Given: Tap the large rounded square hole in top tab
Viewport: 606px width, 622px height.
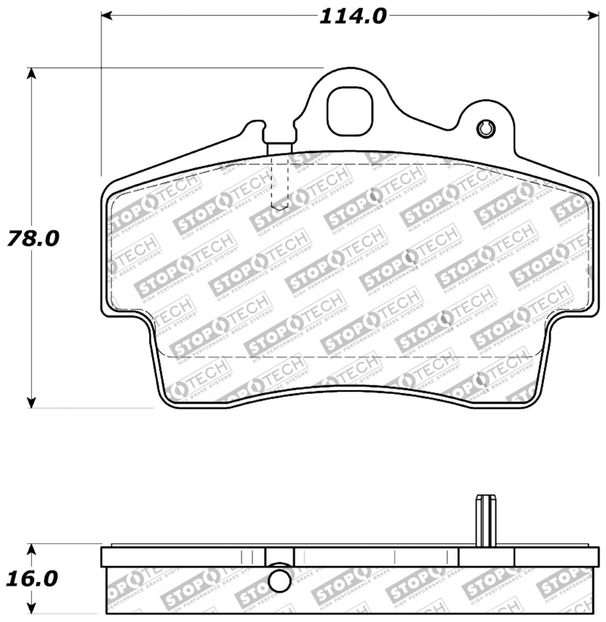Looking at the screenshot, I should pos(351,111).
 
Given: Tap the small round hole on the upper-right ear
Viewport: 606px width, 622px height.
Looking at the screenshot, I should pos(485,130).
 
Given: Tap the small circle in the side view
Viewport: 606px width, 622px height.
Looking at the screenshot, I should pos(280,581).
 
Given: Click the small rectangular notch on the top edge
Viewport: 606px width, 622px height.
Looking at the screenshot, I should pos(280,148).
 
